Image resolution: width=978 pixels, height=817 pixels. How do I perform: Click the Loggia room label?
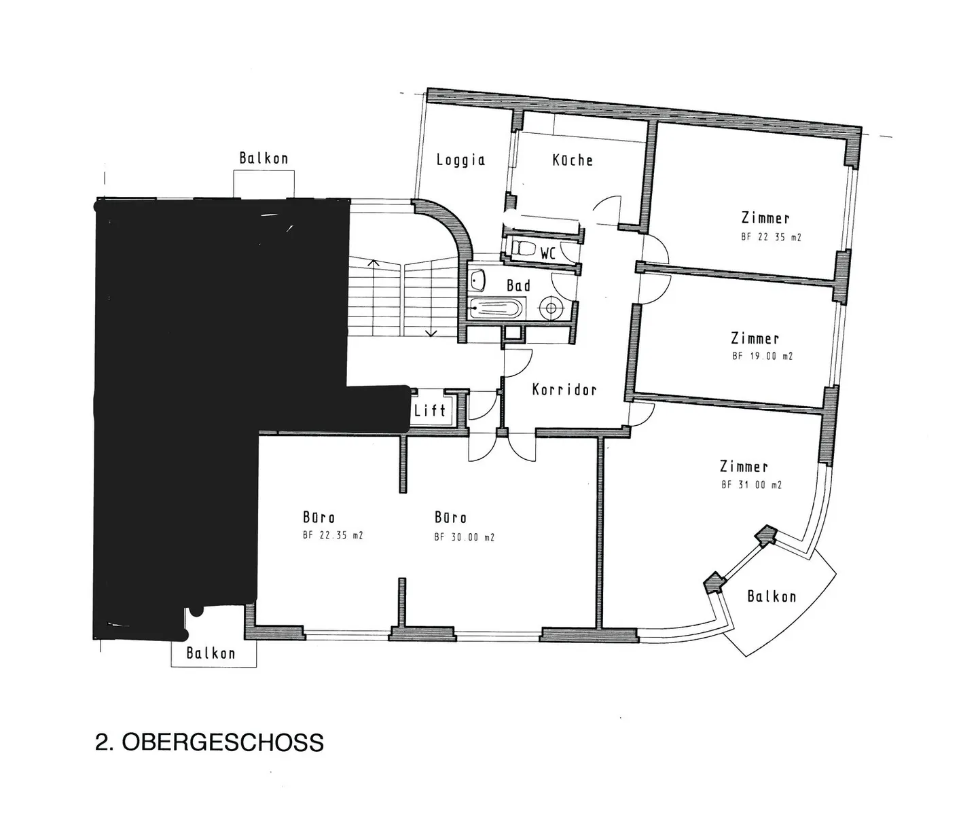(x=460, y=160)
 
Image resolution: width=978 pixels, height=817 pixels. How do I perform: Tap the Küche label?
(x=573, y=160)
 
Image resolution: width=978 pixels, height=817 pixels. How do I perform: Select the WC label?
(x=548, y=254)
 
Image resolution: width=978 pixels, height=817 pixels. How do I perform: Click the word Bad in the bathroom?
(x=518, y=286)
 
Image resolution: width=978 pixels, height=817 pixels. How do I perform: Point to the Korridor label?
(x=564, y=390)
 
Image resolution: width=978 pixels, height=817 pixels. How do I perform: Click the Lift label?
(x=430, y=410)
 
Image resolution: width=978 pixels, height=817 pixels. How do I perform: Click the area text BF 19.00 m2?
(x=762, y=356)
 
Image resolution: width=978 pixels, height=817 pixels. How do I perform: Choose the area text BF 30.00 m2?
(x=464, y=537)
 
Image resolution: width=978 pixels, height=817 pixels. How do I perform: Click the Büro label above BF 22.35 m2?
(x=319, y=518)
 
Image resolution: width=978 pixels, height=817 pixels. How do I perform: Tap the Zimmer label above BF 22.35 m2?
(x=765, y=219)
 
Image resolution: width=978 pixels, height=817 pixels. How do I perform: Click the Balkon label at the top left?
(x=264, y=159)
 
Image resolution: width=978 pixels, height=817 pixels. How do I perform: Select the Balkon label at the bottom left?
(x=211, y=653)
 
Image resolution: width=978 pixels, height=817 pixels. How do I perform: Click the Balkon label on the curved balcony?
(x=772, y=597)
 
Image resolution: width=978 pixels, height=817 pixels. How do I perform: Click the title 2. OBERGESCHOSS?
(x=209, y=742)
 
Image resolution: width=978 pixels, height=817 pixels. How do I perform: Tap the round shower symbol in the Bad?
(x=551, y=309)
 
